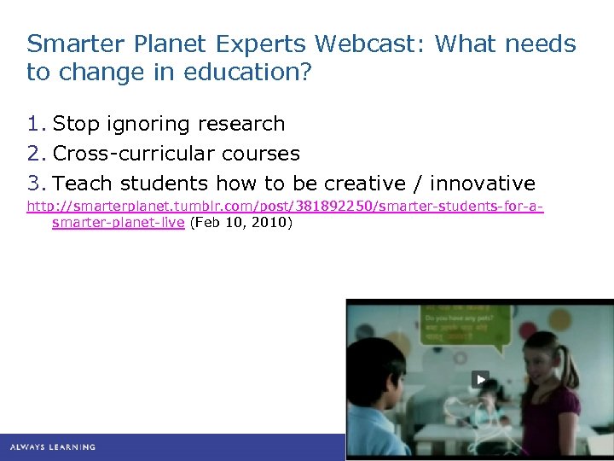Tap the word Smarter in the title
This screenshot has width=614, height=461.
point(69,44)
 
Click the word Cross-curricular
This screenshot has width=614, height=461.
point(134,154)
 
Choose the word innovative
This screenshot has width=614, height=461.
point(483,184)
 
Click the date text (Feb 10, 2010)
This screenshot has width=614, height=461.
point(241,223)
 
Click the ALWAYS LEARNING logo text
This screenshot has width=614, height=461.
point(53,446)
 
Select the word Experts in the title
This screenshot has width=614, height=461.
point(262,44)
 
